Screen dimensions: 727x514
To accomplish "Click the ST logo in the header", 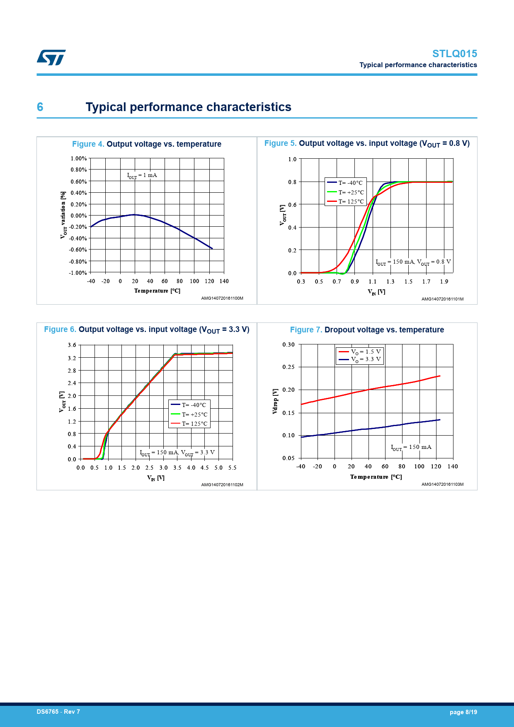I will [x=51, y=58].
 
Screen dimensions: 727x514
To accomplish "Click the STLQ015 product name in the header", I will [x=454, y=54].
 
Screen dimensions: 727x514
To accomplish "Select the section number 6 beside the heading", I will [x=40, y=107].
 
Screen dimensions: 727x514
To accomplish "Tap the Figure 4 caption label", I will [x=88, y=144].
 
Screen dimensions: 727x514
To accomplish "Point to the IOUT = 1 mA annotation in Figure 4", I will [x=142, y=175].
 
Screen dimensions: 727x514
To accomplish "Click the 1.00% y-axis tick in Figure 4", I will [x=78, y=158].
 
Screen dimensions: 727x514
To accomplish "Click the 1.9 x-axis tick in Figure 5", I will [x=444, y=282].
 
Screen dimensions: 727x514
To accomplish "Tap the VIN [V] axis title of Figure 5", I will [x=376, y=292].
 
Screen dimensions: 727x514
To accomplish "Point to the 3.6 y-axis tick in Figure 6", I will [x=72, y=345].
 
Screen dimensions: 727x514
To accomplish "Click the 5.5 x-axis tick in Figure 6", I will [x=232, y=468].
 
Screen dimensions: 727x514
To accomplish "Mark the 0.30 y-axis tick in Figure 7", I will [x=289, y=344].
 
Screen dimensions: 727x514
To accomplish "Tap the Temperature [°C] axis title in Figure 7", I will [x=376, y=477].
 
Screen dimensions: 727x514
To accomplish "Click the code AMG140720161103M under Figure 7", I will [x=442, y=484].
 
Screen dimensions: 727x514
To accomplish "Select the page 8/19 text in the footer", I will [x=463, y=712].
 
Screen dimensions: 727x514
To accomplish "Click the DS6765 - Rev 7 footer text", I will [x=58, y=712].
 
